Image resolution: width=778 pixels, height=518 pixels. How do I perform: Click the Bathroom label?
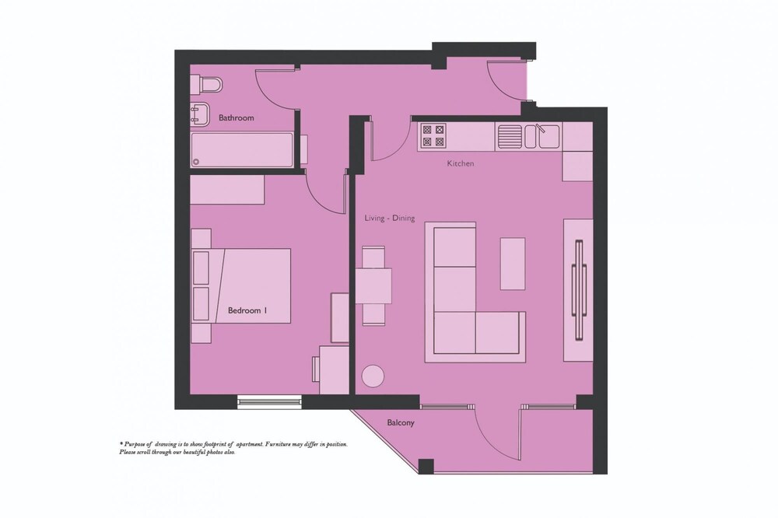pos(237,118)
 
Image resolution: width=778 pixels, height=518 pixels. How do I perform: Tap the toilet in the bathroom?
pos(206,84)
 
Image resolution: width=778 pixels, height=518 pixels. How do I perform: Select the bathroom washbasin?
pos(201,114)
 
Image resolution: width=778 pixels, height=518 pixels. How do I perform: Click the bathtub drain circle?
pos(197,161)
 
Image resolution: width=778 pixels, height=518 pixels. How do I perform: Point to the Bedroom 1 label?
pos(247,310)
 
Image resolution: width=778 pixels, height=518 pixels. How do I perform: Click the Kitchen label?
pos(461,163)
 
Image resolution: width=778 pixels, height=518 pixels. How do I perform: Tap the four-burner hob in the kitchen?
pos(433,136)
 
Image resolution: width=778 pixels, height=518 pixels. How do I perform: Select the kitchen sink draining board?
pos(510,136)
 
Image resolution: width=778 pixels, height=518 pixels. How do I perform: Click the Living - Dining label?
pos(390,218)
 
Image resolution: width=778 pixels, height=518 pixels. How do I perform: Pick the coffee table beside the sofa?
pos(513,264)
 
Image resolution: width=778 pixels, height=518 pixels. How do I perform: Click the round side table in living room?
pos(373,376)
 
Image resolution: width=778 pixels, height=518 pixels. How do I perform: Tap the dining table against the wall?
pos(373,285)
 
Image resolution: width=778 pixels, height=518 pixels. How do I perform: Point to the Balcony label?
pos(401,423)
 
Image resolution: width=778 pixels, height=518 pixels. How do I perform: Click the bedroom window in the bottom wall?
pos(269,401)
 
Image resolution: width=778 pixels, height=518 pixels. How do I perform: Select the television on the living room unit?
pos(579,290)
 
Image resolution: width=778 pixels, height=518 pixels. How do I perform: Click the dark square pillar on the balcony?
pos(426,467)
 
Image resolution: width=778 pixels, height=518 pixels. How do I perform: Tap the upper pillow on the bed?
pos(201,268)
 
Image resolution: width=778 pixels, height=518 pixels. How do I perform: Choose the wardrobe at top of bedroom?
pos(227,190)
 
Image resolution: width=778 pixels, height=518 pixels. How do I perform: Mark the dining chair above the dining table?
pos(373,257)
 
